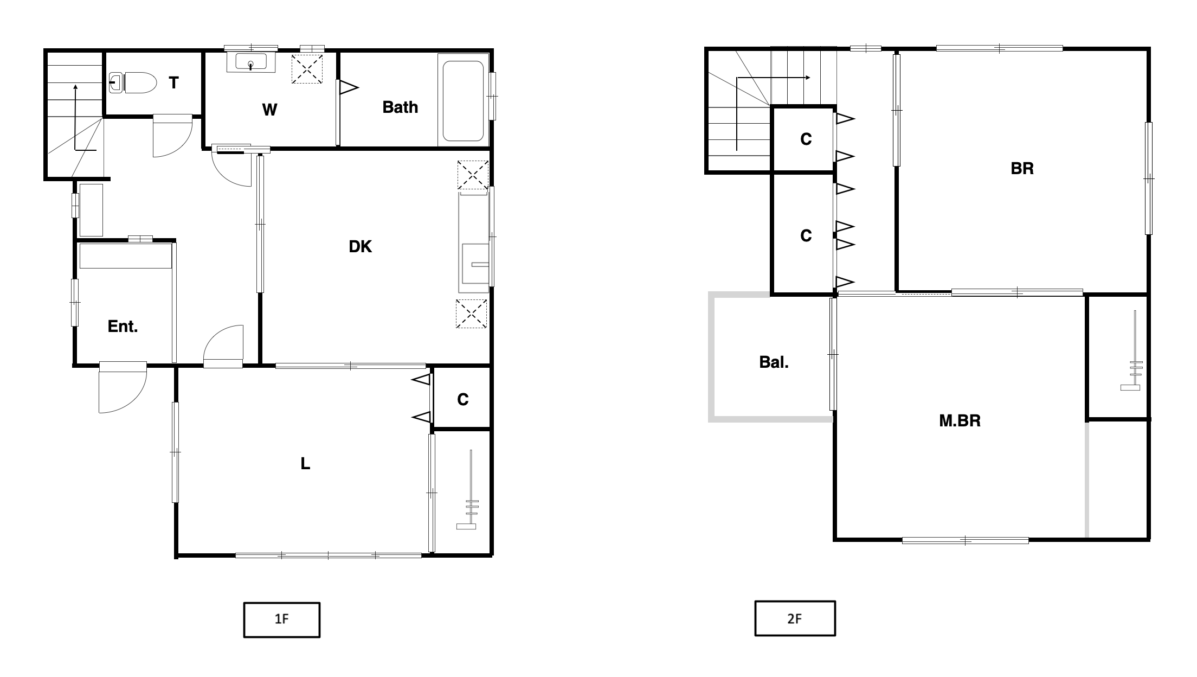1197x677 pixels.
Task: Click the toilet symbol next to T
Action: coord(133,83)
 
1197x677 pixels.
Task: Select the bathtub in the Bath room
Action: coord(463,101)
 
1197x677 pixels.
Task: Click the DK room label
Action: coord(360,247)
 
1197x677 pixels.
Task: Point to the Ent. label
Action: coord(123,326)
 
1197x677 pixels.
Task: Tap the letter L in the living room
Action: coord(305,464)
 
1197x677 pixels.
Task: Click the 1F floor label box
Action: coord(281,619)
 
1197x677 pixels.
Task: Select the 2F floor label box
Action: coord(795,618)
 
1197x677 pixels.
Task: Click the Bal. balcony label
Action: coord(774,362)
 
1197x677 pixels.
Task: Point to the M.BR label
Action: coord(960,421)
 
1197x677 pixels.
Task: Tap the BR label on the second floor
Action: coord(1022,169)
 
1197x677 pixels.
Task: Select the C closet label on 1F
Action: coord(462,400)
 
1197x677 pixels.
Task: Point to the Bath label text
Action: coord(400,107)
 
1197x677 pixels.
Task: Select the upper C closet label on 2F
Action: coord(806,139)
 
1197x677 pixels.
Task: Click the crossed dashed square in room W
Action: coord(307,69)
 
